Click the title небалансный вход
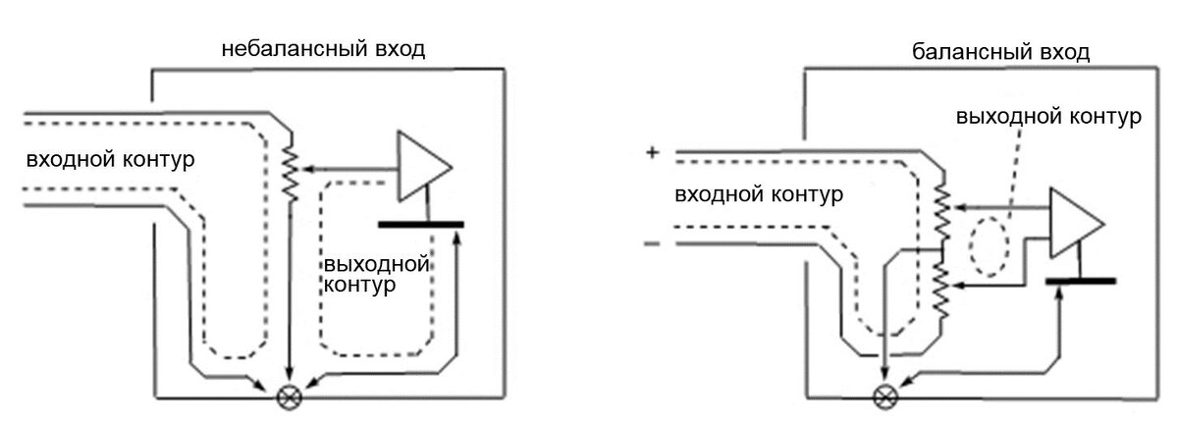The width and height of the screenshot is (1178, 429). [323, 49]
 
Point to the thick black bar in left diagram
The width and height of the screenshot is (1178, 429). [420, 225]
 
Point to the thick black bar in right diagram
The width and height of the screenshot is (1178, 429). [1080, 281]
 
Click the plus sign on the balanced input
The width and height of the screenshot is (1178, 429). [651, 153]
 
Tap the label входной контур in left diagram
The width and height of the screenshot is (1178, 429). [111, 160]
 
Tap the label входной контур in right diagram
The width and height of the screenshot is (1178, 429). [758, 194]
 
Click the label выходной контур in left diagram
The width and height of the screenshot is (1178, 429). [378, 275]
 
